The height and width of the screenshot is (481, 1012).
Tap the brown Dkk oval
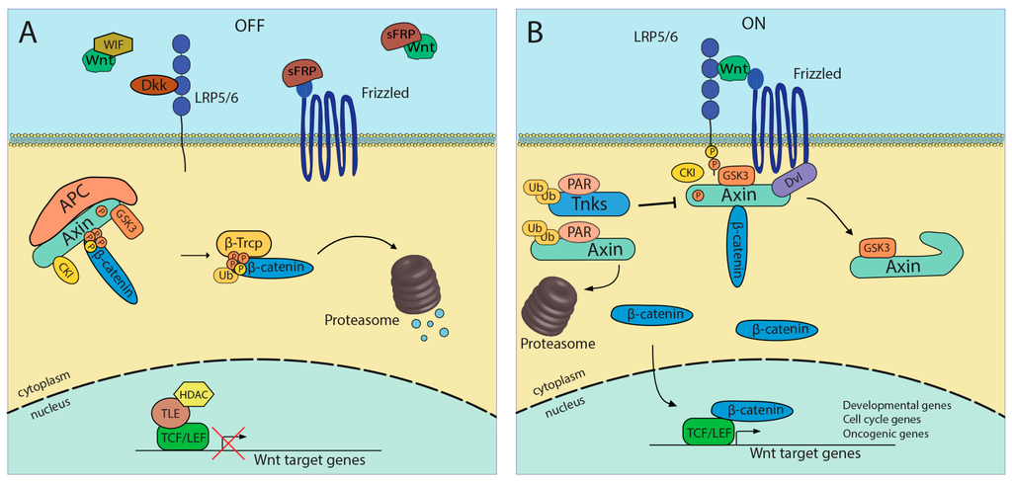[152, 87]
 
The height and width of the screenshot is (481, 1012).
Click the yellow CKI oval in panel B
[685, 173]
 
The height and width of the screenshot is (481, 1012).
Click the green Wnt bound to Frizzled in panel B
[732, 70]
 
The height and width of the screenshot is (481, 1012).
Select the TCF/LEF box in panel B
[707, 431]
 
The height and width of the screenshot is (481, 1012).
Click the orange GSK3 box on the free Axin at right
[878, 247]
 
